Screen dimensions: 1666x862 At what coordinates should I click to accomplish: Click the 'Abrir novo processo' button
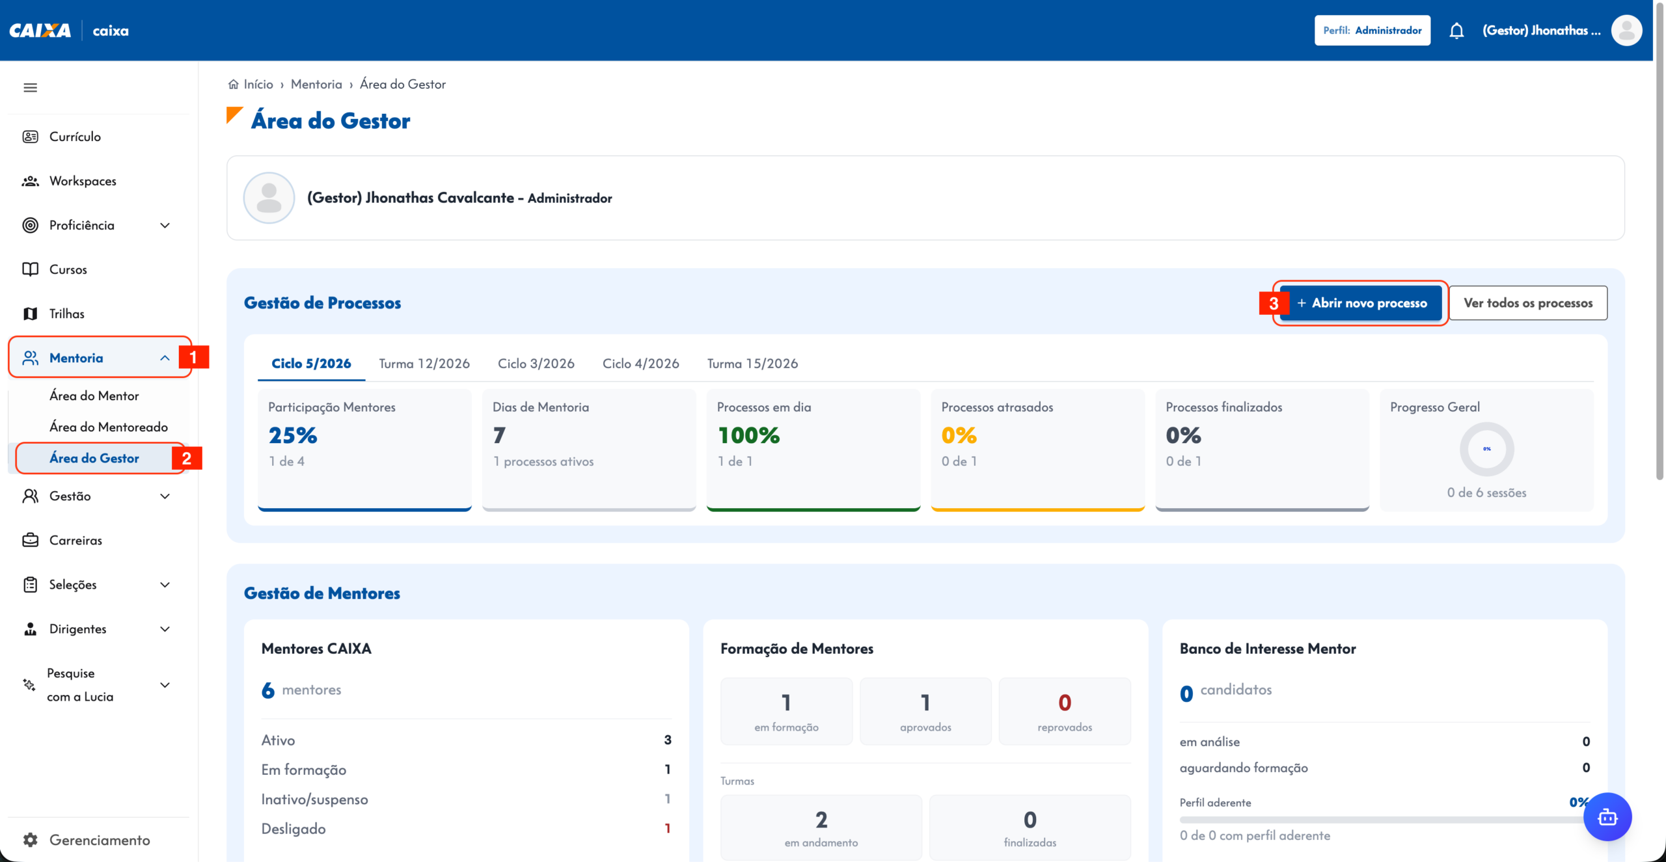point(1361,303)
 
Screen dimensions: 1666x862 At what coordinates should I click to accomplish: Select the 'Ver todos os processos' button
point(1528,303)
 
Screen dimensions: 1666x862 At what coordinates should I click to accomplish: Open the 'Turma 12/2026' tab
point(424,364)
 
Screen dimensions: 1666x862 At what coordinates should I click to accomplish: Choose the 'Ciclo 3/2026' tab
point(536,364)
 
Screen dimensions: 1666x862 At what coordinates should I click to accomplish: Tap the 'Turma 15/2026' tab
point(752,364)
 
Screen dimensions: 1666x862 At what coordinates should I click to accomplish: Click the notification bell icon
point(1456,31)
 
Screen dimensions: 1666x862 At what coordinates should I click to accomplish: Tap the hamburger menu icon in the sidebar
point(30,88)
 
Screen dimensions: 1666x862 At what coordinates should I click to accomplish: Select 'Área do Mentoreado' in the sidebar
point(109,427)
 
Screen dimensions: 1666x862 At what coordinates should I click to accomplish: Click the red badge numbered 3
point(1274,304)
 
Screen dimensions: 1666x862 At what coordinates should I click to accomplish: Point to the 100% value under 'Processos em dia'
point(748,435)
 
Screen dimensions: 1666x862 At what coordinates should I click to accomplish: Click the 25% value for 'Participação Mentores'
point(293,435)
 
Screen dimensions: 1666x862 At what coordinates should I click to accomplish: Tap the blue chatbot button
point(1607,817)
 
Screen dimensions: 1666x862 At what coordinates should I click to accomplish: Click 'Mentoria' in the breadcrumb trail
point(316,84)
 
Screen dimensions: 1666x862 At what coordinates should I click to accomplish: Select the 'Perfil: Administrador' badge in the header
point(1372,31)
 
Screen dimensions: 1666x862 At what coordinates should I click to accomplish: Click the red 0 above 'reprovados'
point(1065,703)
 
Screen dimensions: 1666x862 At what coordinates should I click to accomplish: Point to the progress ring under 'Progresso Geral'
point(1487,425)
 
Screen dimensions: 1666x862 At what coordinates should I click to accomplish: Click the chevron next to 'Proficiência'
point(165,226)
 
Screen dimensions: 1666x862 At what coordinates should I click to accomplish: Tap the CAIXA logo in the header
point(40,31)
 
